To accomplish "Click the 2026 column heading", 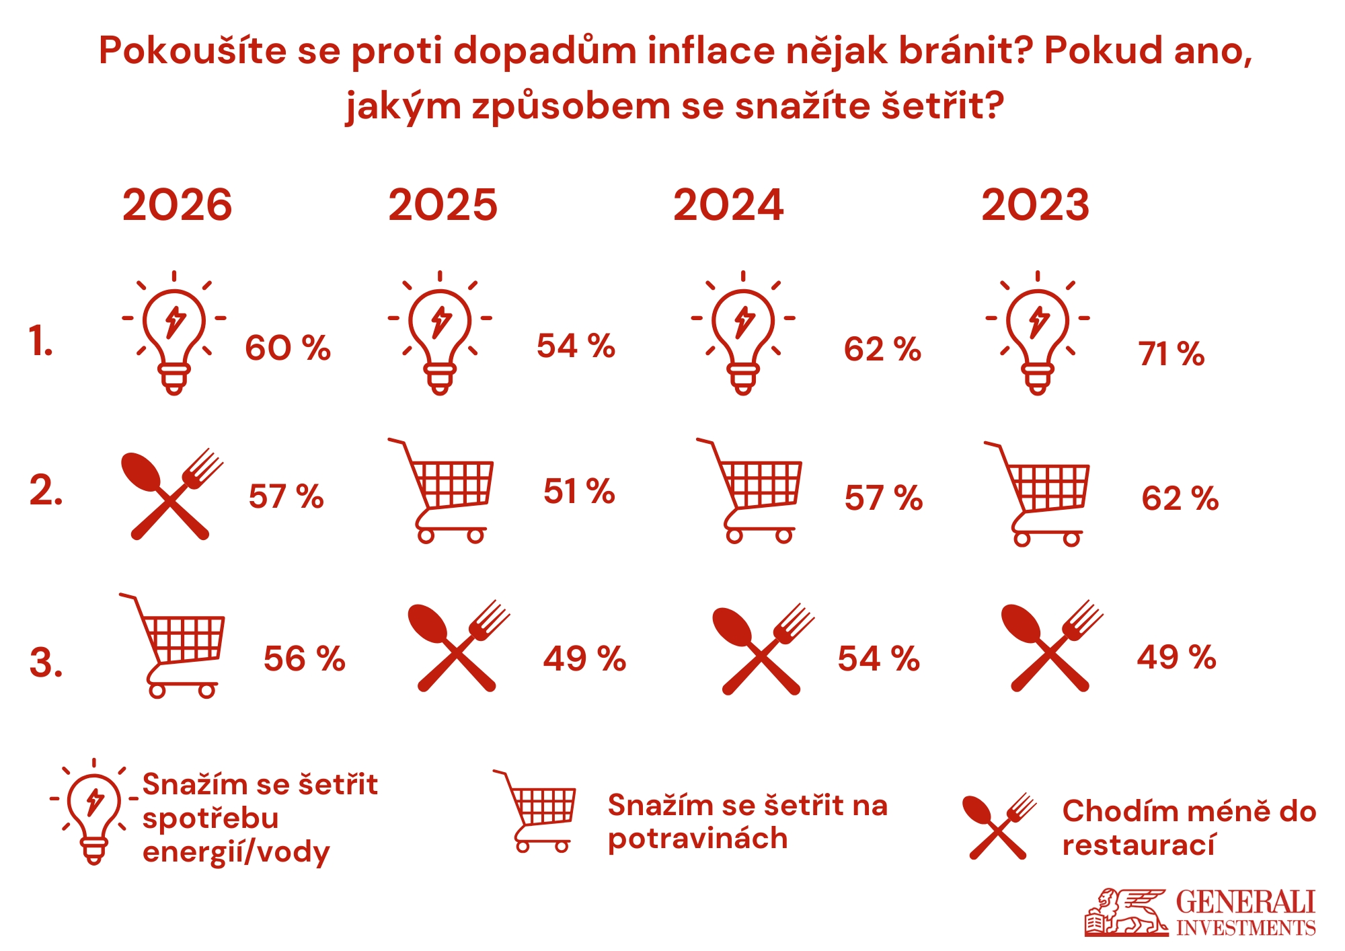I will pos(177,205).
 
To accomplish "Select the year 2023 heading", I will pos(1035,205).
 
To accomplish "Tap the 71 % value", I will pos(1171,354).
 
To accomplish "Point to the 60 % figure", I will pos(288,348).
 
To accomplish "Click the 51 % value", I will pos(579,491).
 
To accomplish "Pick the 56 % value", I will pos(304,658).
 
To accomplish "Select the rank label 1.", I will pos(41,341).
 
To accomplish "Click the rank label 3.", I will pos(46,662).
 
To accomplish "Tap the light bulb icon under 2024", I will pos(743,333).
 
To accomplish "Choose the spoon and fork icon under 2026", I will pos(172,494).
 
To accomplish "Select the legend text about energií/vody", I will pos(260,818).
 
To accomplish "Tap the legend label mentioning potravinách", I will pos(747,821).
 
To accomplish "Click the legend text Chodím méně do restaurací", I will pos(1189,828).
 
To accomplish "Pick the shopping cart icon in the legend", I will pos(538,811).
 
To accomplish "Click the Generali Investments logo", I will pos(1200,913).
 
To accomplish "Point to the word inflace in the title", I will pos(711,50).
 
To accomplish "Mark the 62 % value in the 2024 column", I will pos(882,349).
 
